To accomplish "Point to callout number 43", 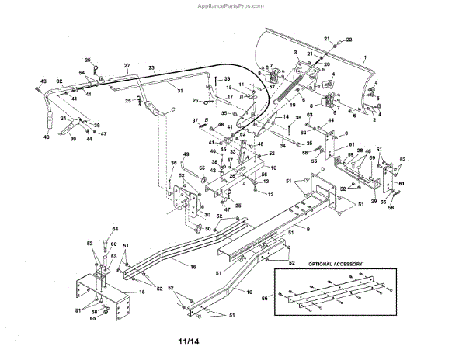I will click(43, 81).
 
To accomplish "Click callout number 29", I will click(375, 201).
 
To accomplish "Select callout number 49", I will click(186, 155).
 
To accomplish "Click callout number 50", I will click(207, 228).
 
